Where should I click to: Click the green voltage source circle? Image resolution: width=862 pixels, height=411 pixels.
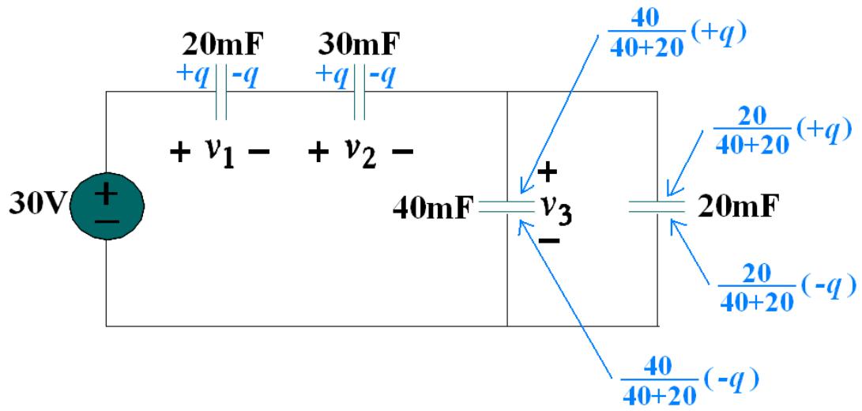(x=107, y=207)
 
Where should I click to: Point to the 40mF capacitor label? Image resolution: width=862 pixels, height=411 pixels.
(x=433, y=209)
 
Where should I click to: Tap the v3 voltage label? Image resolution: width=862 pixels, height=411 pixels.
(x=555, y=209)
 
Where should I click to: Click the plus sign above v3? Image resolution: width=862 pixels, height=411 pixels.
(x=548, y=174)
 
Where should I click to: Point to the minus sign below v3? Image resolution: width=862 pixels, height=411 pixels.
(x=549, y=240)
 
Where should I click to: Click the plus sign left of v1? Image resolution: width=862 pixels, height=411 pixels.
(x=180, y=152)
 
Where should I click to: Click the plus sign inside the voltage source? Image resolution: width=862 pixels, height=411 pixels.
(x=107, y=193)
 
